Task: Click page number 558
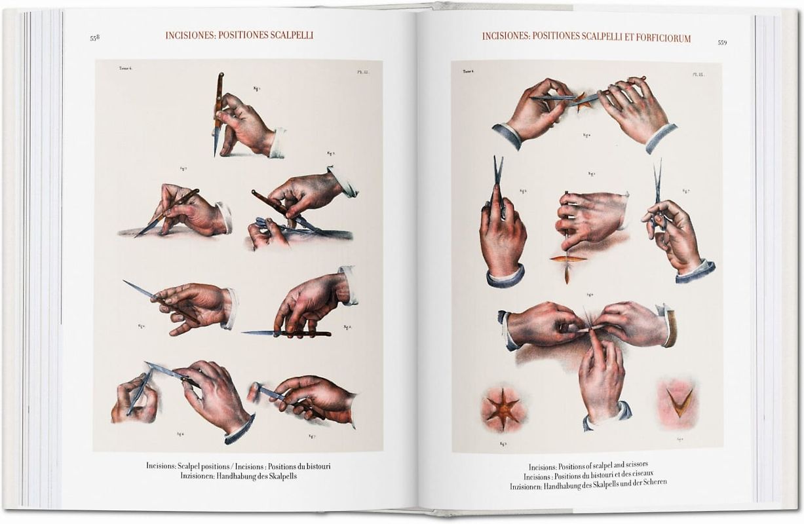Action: click(x=94, y=38)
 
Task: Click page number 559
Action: click(x=722, y=43)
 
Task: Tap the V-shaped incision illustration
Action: click(x=679, y=402)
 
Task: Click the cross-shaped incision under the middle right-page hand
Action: click(x=567, y=259)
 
